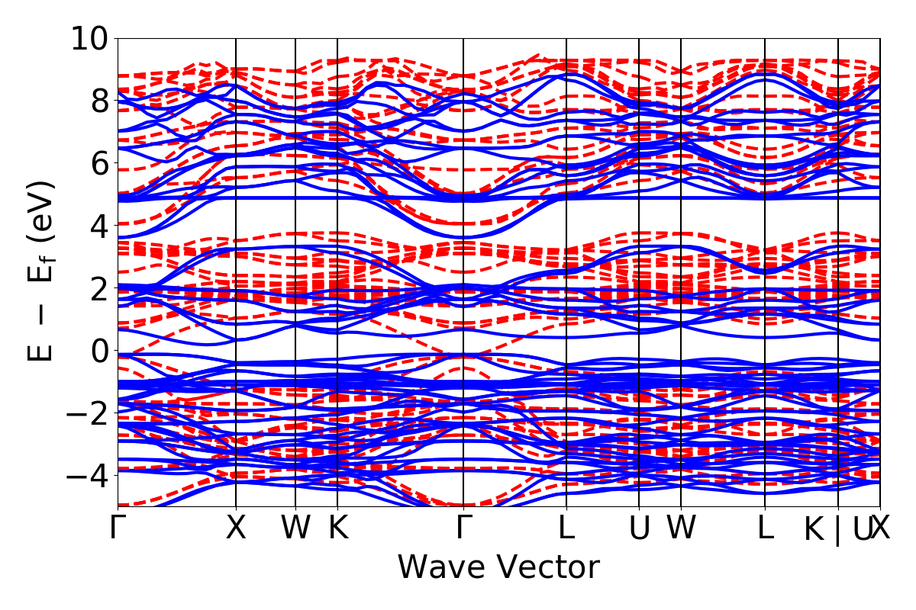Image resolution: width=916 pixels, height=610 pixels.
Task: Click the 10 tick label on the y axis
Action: point(91,38)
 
